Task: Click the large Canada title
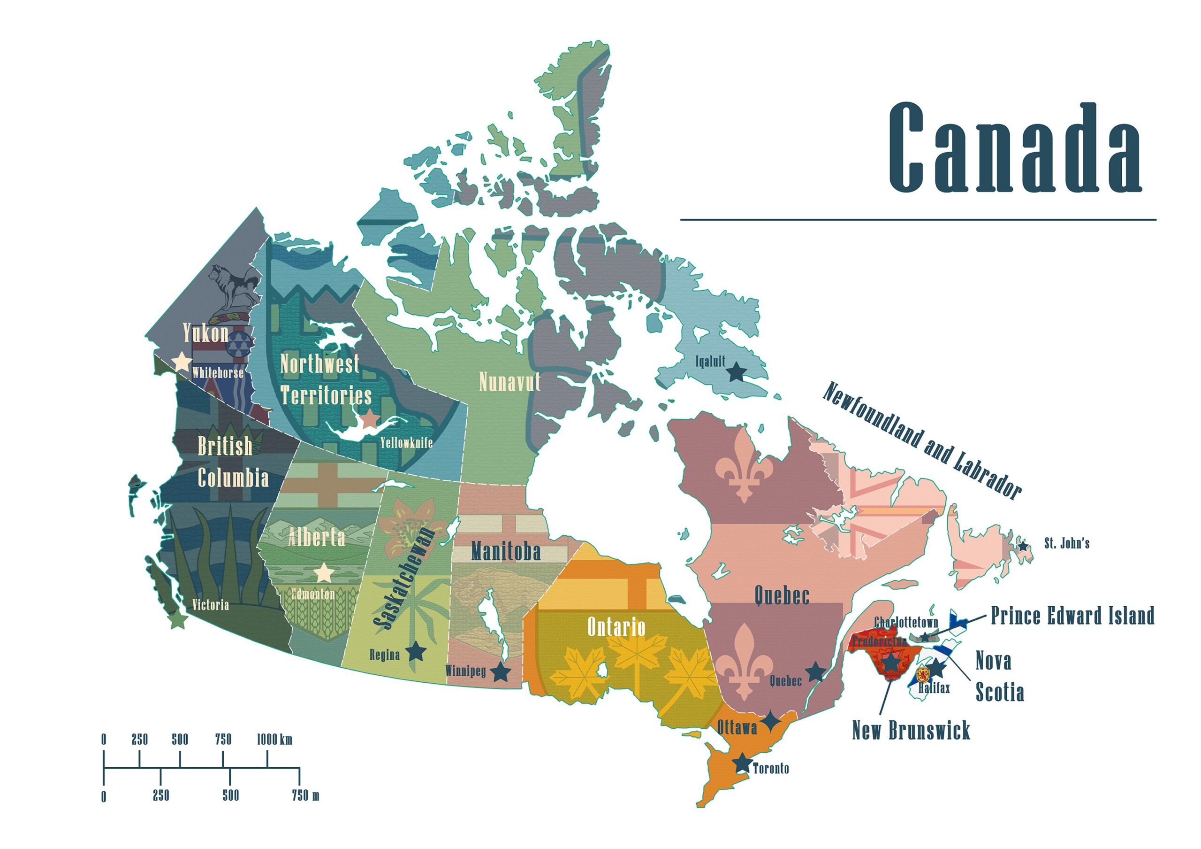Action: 1015,148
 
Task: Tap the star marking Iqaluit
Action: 737,372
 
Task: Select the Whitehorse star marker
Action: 182,361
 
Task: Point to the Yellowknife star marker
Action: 369,419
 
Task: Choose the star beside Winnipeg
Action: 501,672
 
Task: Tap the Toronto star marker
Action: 742,763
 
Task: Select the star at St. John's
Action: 1023,546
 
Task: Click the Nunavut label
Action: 509,383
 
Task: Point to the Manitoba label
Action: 505,552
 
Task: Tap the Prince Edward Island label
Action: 1072,616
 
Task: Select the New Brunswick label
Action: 911,730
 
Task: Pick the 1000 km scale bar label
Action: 274,740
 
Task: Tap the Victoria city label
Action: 210,605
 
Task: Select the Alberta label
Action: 317,538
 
